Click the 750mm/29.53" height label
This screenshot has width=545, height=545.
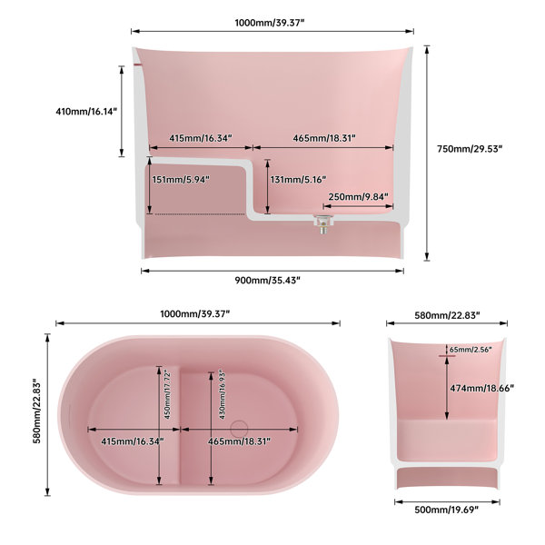coord(470,149)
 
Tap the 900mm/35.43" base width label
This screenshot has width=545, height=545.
coord(267,280)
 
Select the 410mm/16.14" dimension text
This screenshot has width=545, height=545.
coord(86,112)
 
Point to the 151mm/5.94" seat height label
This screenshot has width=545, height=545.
coord(181,180)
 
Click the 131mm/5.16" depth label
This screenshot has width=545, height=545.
coord(298,180)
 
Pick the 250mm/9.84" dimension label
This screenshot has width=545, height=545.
coord(359,197)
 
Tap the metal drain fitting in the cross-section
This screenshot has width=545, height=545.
coord(323,223)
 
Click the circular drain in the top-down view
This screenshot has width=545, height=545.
coord(239,428)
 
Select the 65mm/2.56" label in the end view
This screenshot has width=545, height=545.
coord(471,350)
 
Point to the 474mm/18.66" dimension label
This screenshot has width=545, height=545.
coord(482,388)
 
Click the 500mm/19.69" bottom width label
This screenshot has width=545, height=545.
coord(447,510)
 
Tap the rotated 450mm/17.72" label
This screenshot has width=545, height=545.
coord(167,395)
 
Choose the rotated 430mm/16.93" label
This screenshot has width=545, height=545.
coord(223,395)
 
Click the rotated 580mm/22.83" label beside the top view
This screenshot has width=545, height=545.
coord(37,411)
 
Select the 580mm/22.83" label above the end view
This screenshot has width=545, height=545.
coord(447,315)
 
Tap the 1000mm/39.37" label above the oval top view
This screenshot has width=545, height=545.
coord(195,314)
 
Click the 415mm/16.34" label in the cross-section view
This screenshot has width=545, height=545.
coord(201,138)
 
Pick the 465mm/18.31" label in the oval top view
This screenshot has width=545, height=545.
coord(239,441)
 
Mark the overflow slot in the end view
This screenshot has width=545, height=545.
coord(447,356)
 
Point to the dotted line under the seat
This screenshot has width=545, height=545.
coord(200,214)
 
